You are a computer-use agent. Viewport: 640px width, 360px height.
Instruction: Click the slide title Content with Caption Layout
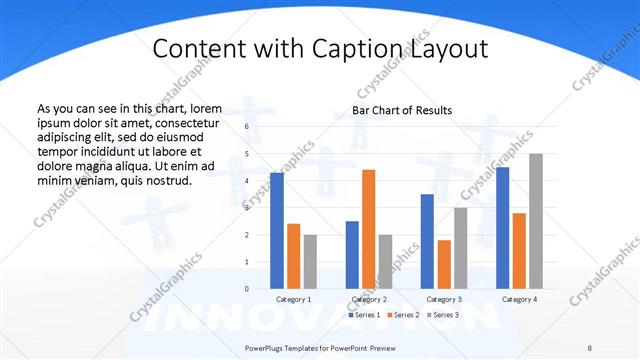tap(320, 49)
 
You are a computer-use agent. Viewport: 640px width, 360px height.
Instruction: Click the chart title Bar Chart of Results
tap(402, 110)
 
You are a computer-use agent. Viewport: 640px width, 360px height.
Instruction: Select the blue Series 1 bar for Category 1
tap(277, 231)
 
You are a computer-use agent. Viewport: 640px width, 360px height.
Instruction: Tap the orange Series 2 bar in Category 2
tap(368, 229)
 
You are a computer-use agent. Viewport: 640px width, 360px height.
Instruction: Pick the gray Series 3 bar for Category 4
tap(535, 221)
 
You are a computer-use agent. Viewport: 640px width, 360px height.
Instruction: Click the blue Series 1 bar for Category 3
tap(427, 241)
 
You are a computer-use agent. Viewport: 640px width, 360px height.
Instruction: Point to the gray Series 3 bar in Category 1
tap(310, 261)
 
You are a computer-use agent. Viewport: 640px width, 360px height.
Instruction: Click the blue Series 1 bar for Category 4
tap(502, 228)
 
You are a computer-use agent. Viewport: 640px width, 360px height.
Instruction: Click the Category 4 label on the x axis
tap(519, 299)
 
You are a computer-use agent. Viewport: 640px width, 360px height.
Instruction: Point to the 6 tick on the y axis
tap(246, 127)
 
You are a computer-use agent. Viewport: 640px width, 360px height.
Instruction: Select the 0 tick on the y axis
tap(246, 288)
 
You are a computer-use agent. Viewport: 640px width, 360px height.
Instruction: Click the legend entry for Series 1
tap(364, 315)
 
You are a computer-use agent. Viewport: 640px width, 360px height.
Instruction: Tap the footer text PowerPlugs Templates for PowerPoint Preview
tap(320, 347)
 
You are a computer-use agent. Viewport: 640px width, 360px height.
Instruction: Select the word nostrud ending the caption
tap(164, 180)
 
